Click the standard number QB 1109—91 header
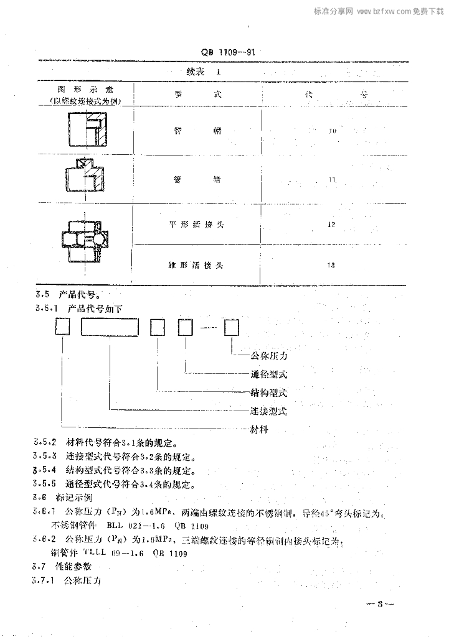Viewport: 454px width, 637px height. tap(229, 53)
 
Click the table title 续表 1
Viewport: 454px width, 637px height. tap(204, 72)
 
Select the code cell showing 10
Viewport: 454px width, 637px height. tap(332, 131)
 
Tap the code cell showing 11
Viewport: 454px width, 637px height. tap(332, 179)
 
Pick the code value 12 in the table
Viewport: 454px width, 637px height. tap(331, 225)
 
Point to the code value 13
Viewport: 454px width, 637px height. tap(331, 266)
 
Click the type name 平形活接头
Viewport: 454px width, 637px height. tap(196, 225)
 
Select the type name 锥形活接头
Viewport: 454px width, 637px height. tap(196, 266)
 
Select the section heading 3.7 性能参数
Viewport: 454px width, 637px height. tap(62, 567)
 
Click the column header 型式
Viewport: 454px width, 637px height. tap(196, 95)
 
